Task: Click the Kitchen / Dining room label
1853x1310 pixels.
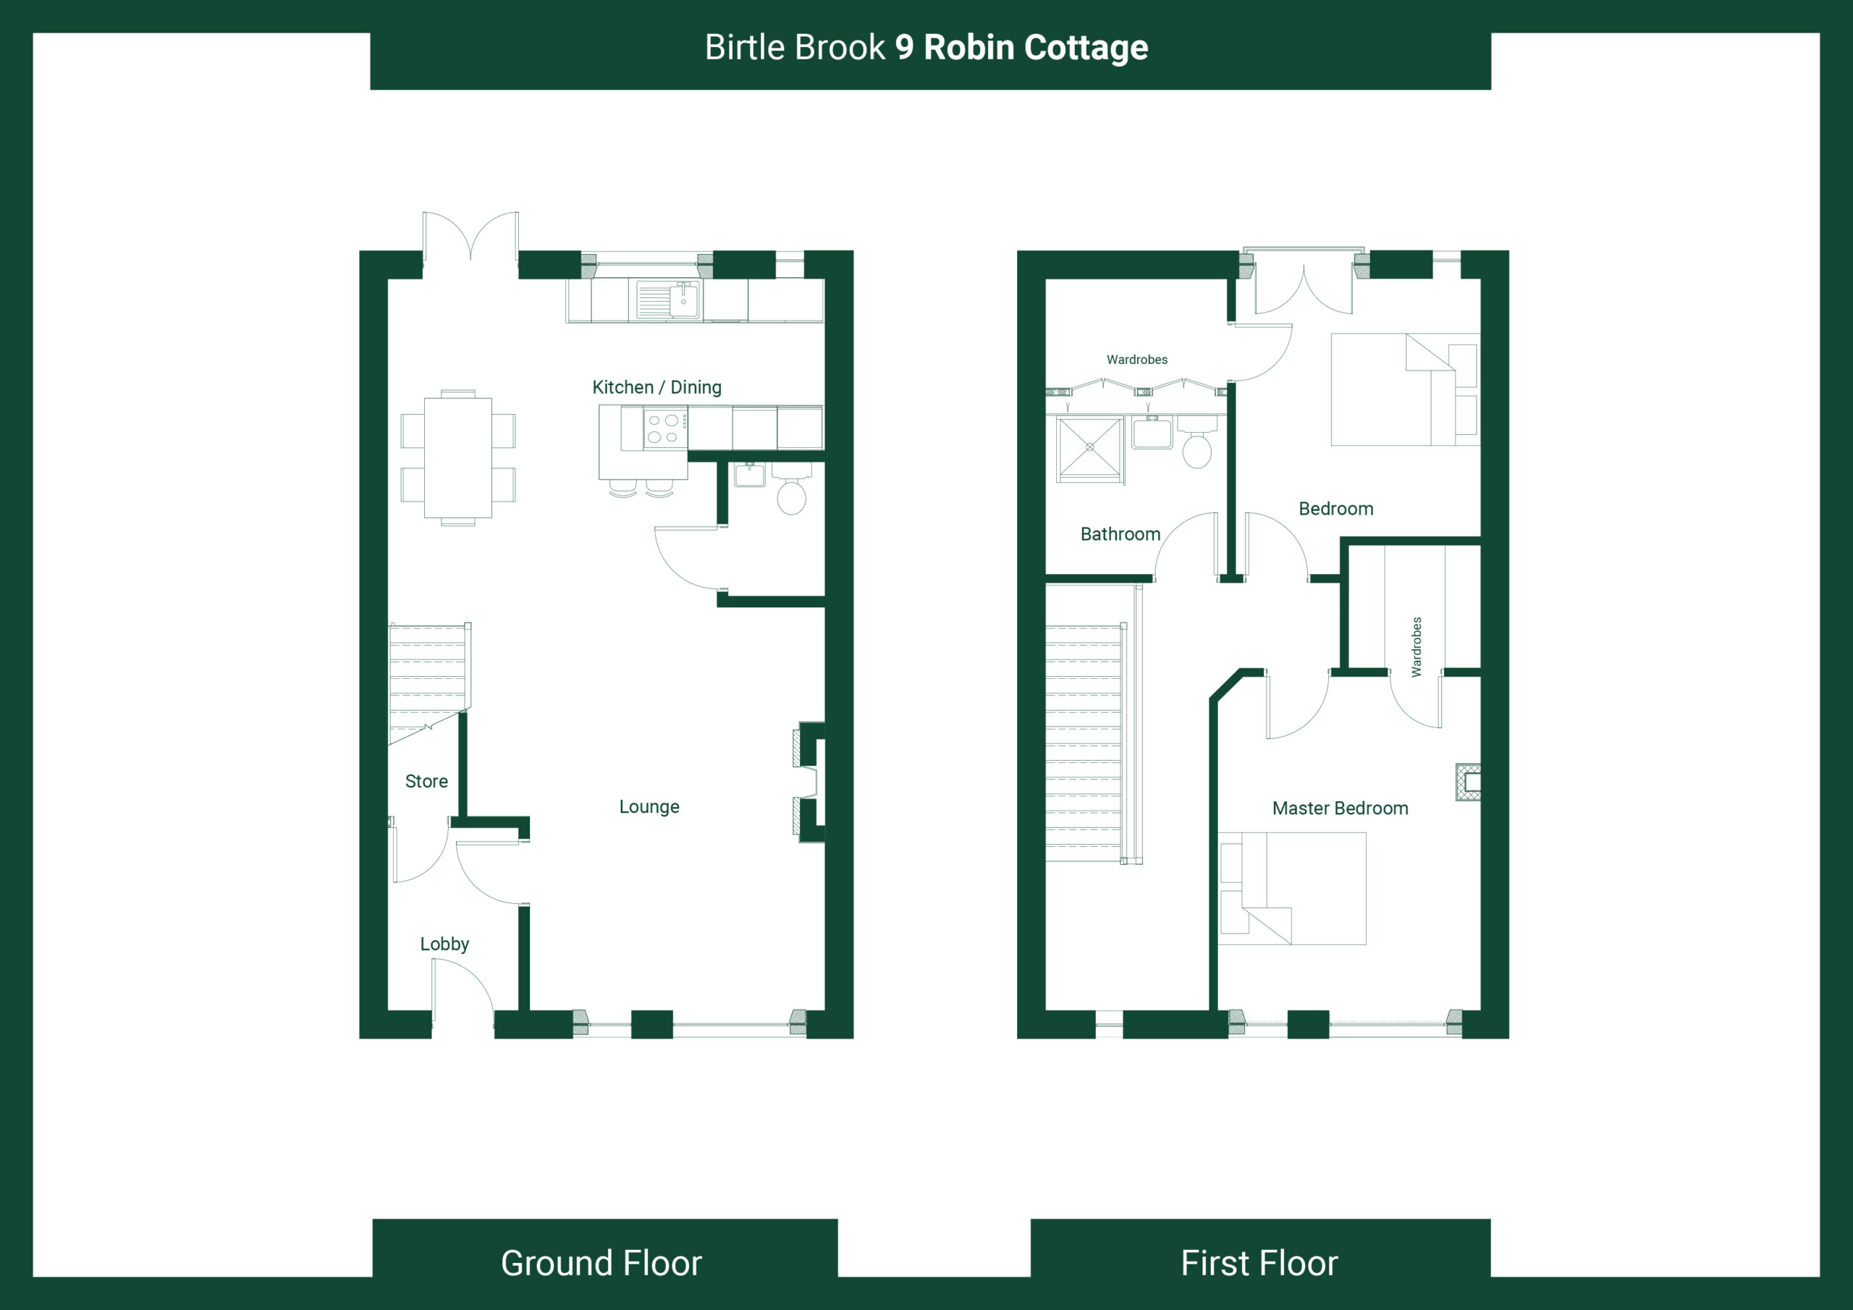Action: (657, 387)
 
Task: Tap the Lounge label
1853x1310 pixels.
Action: (649, 806)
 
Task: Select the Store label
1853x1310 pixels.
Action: (426, 782)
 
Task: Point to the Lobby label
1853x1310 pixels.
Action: (444, 944)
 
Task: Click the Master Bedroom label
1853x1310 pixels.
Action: (1340, 808)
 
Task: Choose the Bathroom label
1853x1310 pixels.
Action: (1120, 534)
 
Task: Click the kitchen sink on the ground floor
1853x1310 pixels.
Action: (668, 300)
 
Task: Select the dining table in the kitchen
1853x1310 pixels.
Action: (458, 457)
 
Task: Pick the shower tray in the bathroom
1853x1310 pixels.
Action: (1089, 447)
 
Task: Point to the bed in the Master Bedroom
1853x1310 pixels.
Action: (1292, 888)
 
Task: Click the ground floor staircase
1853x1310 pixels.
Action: (429, 683)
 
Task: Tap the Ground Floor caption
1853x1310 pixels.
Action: (602, 1263)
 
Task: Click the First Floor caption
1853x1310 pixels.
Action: (1259, 1263)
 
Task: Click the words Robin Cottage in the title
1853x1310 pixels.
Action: (1036, 48)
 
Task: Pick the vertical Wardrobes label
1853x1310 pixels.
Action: (1417, 646)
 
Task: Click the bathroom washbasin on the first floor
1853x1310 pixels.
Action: (1152, 433)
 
